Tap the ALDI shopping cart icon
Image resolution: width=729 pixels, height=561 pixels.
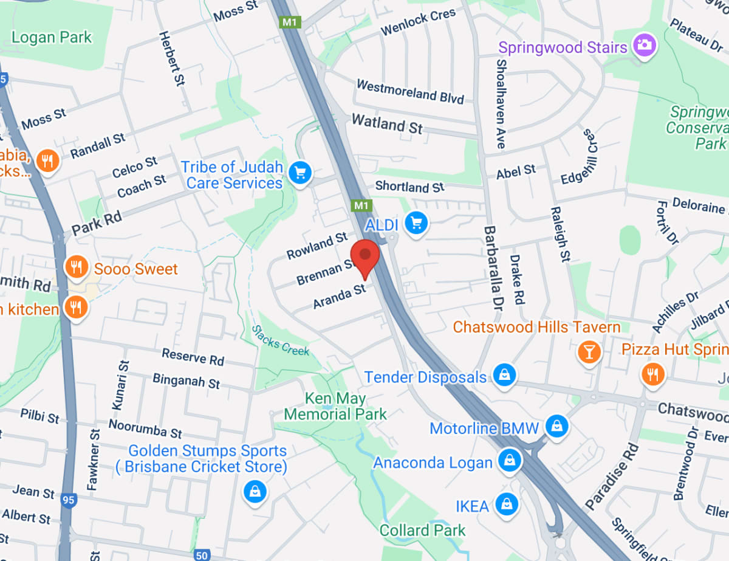point(416,223)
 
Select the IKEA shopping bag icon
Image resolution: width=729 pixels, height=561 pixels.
point(505,504)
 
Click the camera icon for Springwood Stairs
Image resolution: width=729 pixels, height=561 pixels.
point(645,45)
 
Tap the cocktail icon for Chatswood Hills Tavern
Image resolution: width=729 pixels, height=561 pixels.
point(589,351)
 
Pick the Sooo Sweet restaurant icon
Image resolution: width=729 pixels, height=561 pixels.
point(77,267)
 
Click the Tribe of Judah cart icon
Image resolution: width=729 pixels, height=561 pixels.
point(299,173)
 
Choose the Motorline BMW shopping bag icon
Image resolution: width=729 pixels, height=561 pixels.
point(556,426)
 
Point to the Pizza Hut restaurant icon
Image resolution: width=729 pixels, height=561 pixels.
point(653,374)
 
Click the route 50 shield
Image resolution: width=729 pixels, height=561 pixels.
point(203,555)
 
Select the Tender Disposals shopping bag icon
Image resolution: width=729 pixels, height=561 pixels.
point(504,375)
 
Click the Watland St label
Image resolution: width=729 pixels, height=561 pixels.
point(387,124)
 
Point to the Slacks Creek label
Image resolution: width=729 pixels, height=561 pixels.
point(281,340)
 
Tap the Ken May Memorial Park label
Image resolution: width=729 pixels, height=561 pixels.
point(335,407)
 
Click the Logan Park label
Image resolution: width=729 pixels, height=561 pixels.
point(52,37)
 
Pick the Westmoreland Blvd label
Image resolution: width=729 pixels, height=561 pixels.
point(410,91)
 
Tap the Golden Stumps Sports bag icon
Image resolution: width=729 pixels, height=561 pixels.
point(255,491)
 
